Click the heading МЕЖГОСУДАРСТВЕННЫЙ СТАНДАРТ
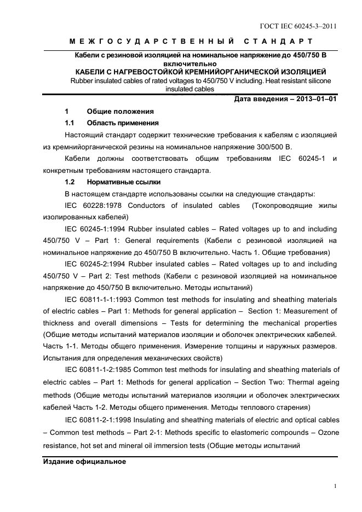pos(191,42)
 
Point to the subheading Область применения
pos(123,123)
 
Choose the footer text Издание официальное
pos(84,462)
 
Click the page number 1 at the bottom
pos(335,485)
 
